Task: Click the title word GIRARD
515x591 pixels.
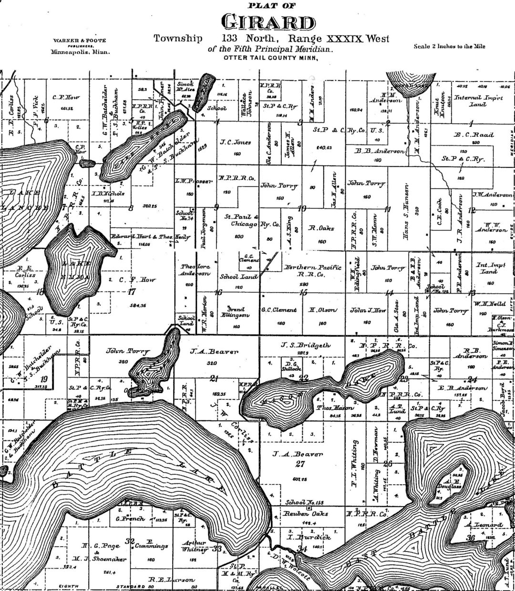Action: tap(268, 22)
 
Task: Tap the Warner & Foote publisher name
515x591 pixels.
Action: tap(80, 41)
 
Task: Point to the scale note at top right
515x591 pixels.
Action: tap(450, 46)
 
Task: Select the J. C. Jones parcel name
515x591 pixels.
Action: tap(236, 142)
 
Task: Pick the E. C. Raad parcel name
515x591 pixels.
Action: tap(474, 135)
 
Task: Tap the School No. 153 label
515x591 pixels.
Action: tap(304, 502)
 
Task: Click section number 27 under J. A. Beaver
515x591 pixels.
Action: tap(299, 464)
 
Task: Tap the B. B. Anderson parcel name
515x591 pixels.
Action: tap(380, 151)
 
